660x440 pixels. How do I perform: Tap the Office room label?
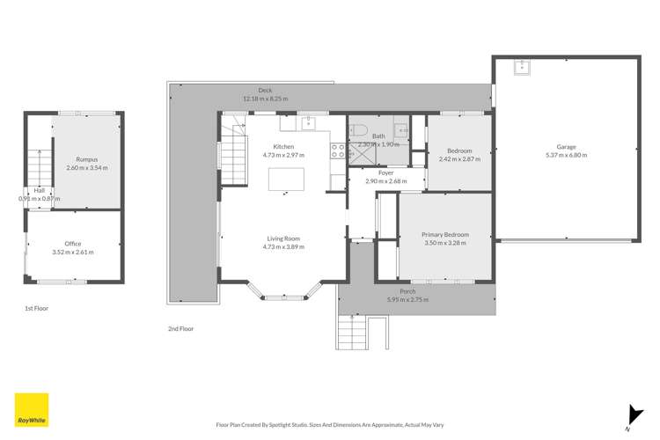(x=73, y=244)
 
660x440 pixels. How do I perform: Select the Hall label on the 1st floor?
(x=39, y=190)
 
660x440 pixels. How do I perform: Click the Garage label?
(x=566, y=146)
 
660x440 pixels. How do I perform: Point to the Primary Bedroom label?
(x=444, y=235)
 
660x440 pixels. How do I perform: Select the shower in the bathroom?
(x=362, y=156)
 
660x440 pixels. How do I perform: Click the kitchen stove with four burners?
(x=336, y=151)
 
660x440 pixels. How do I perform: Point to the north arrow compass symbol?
(x=632, y=414)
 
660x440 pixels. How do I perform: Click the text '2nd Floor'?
(x=180, y=328)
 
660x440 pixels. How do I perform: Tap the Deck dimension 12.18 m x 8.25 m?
(x=265, y=99)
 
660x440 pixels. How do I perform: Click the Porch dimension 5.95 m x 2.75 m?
(x=407, y=300)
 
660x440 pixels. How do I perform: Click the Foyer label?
(x=385, y=173)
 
